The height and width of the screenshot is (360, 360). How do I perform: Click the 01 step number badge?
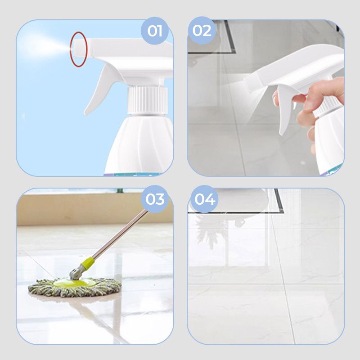(x=155, y=31)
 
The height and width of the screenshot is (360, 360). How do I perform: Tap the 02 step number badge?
(x=202, y=31)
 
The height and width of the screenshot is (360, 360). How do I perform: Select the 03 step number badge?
(x=155, y=199)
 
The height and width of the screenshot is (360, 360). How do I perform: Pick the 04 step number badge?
(x=205, y=199)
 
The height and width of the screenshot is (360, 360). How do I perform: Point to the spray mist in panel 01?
(x=44, y=45)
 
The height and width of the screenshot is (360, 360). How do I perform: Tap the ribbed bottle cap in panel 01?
(x=148, y=100)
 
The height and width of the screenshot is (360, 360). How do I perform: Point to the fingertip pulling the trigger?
(x=299, y=98)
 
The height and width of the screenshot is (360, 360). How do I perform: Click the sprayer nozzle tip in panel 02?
(x=250, y=83)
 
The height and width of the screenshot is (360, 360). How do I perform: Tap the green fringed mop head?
(x=75, y=287)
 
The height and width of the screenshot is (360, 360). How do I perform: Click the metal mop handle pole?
(x=119, y=234)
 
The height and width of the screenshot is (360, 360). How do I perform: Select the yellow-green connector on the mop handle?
(x=88, y=263)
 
